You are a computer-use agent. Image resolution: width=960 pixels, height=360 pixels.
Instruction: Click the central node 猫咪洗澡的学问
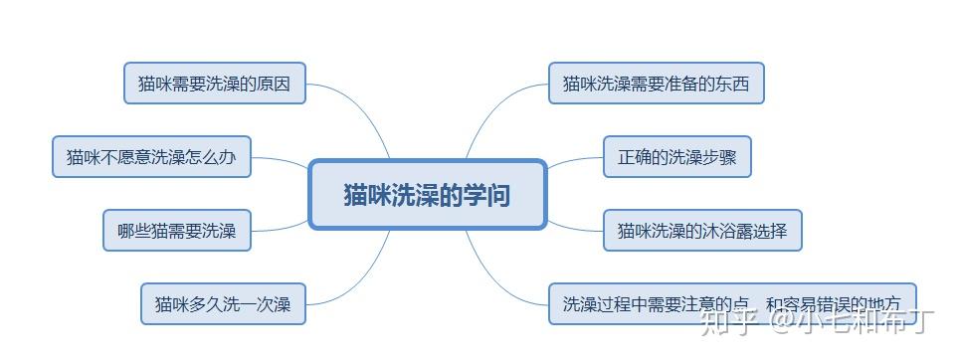click(x=428, y=194)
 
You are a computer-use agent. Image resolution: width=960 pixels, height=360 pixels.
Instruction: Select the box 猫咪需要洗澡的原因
click(x=215, y=84)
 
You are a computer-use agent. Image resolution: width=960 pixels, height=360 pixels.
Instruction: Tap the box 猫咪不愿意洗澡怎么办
click(x=151, y=157)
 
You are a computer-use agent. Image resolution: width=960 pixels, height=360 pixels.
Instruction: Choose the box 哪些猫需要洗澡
click(x=177, y=231)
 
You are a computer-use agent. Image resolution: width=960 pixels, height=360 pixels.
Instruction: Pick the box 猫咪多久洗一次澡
click(x=223, y=303)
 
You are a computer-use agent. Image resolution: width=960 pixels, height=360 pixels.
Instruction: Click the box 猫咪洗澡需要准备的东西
click(x=656, y=84)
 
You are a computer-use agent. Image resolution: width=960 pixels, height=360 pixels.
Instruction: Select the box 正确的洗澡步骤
click(x=676, y=157)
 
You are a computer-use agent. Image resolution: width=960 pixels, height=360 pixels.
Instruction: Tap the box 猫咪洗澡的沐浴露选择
click(x=701, y=231)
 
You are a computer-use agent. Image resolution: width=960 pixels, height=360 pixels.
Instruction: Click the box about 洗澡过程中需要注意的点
click(x=731, y=302)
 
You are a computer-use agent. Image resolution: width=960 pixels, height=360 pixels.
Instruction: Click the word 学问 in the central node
click(x=488, y=194)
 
